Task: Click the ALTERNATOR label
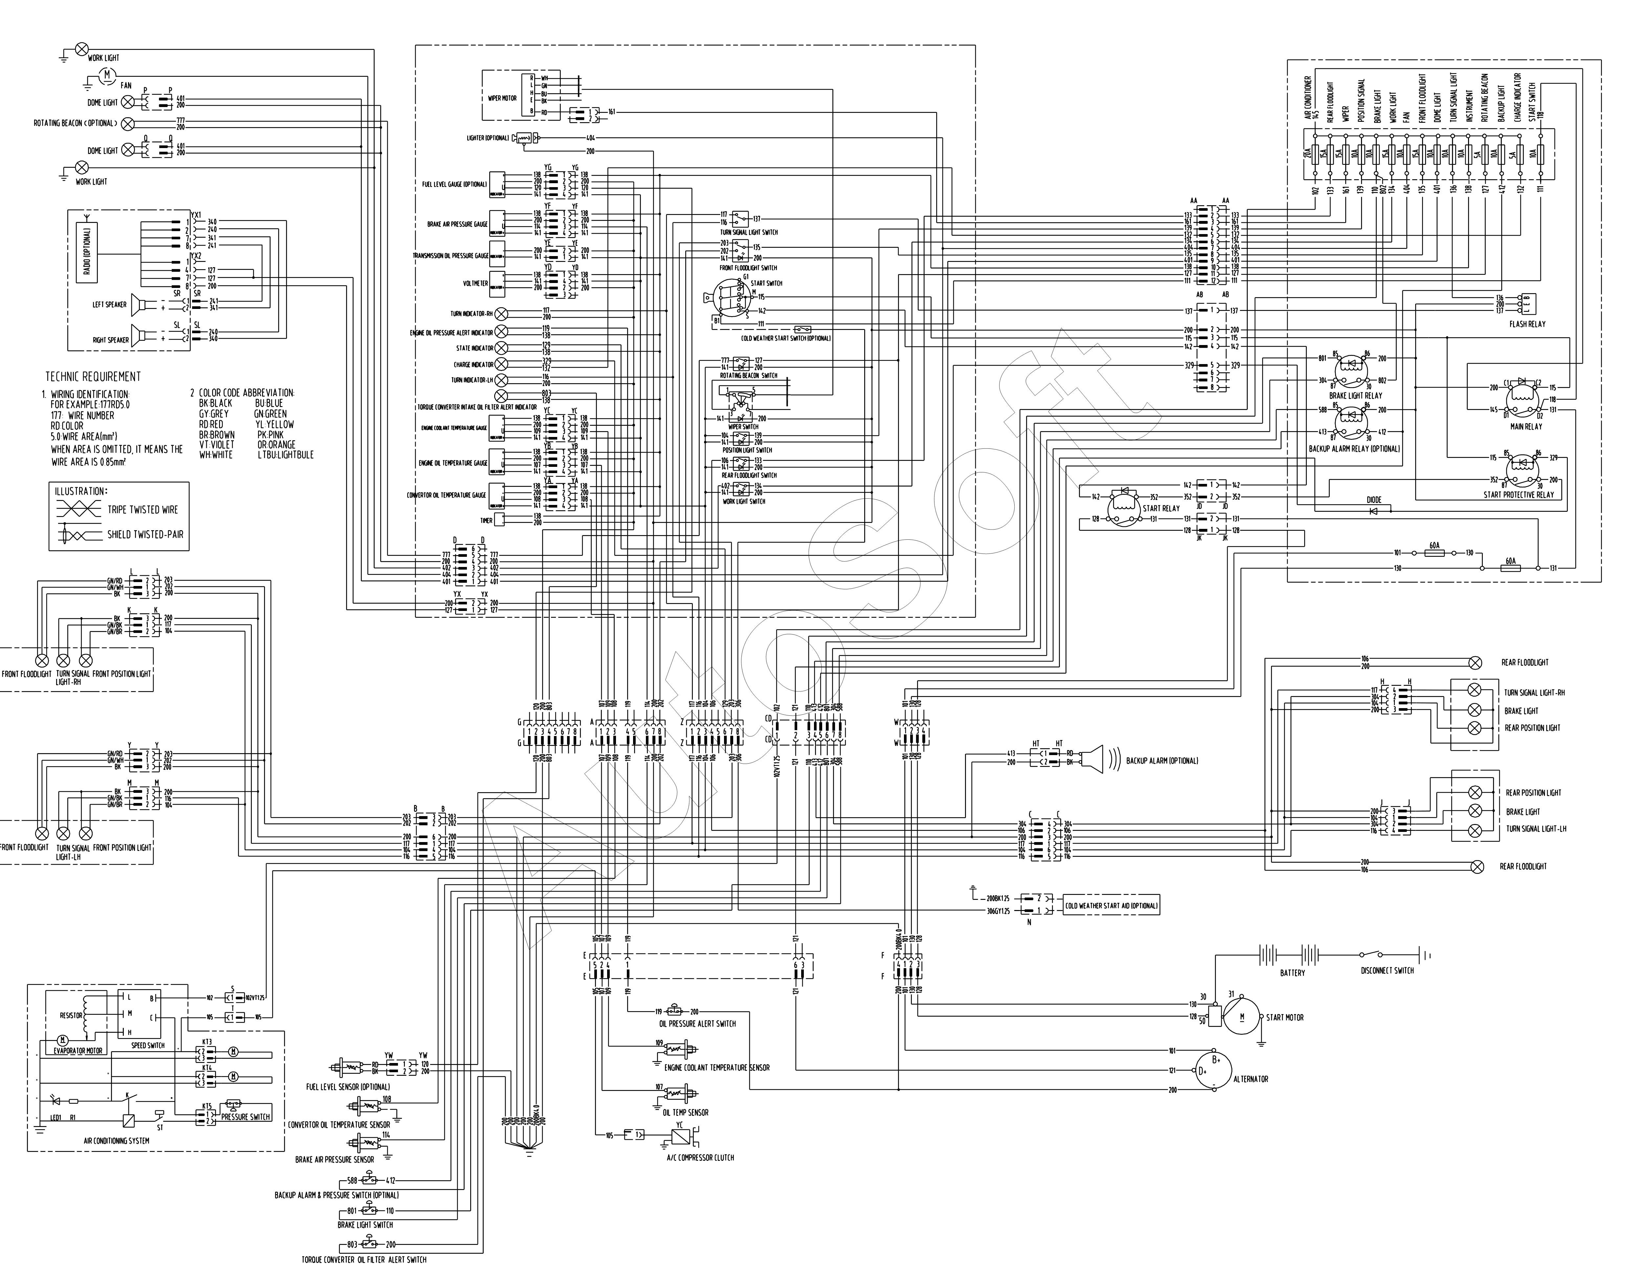(1251, 1078)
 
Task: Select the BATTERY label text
(1292, 973)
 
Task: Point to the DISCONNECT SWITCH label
(1387, 970)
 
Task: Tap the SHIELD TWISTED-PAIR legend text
(145, 535)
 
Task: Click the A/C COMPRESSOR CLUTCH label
(700, 1157)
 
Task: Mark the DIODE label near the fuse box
(1373, 500)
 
